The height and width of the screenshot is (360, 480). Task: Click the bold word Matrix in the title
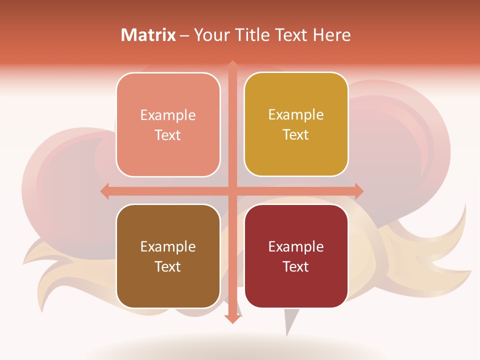tap(148, 35)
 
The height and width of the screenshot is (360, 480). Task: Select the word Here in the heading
tap(332, 35)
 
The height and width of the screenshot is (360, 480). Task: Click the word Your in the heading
tap(210, 35)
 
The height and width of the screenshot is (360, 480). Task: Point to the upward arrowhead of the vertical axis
tap(232, 64)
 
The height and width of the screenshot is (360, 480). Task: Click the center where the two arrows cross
tap(232, 191)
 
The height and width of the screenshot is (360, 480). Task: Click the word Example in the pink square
tap(168, 115)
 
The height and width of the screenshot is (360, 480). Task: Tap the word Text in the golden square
tap(296, 135)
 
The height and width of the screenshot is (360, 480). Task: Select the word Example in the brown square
tap(168, 247)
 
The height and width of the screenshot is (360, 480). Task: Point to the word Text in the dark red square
tap(296, 267)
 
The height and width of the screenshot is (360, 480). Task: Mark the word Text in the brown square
tap(168, 267)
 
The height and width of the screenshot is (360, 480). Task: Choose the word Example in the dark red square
tap(296, 247)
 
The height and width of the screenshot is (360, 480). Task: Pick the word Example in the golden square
tap(296, 115)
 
